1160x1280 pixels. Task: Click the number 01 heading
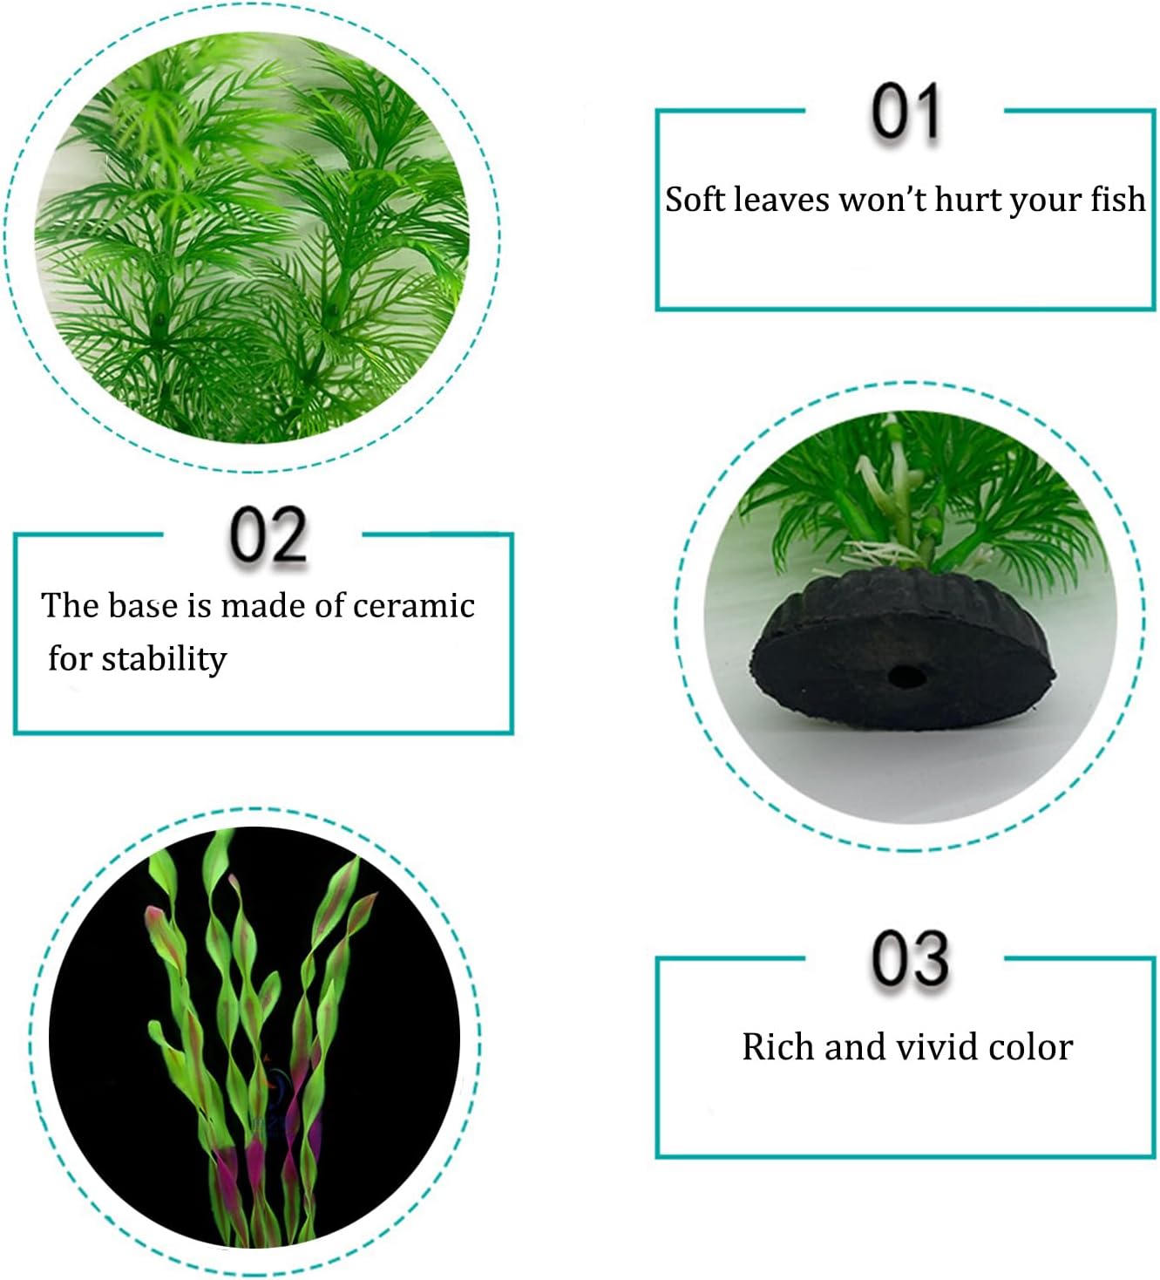(906, 112)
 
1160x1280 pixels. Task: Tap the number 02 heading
(268, 535)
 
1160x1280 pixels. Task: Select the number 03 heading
(910, 959)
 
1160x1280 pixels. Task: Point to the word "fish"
(1116, 200)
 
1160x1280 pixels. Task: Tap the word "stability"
(164, 659)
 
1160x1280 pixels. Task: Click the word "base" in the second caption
(141, 605)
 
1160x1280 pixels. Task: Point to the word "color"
(1029, 1047)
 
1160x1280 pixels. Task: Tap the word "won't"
(882, 200)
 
